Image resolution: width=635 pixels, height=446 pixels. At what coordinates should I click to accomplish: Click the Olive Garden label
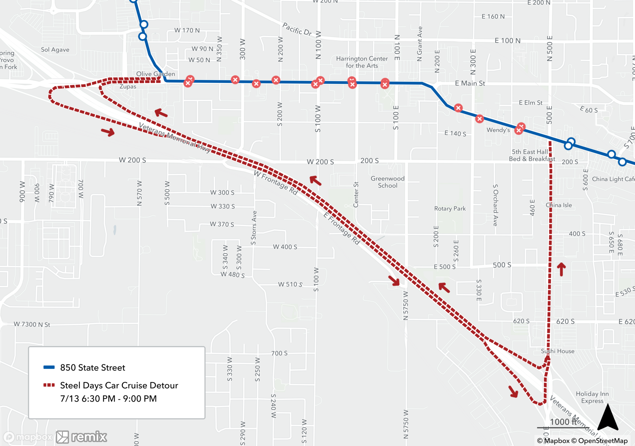pyautogui.click(x=155, y=74)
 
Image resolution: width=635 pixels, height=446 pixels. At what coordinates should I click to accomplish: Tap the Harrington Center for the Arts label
pyautogui.click(x=362, y=62)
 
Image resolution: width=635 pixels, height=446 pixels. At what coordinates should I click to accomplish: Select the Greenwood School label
pyautogui.click(x=387, y=182)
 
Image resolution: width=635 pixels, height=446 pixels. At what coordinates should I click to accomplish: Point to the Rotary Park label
pyautogui.click(x=450, y=208)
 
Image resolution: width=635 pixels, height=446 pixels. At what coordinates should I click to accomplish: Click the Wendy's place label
pyautogui.click(x=498, y=130)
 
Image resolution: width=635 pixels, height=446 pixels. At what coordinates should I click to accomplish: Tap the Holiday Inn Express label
pyautogui.click(x=592, y=397)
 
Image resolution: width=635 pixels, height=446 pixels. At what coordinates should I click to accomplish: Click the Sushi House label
pyautogui.click(x=558, y=351)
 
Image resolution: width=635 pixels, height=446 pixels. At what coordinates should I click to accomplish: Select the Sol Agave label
pyautogui.click(x=55, y=50)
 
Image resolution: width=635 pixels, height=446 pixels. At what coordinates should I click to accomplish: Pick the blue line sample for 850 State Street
pyautogui.click(x=49, y=367)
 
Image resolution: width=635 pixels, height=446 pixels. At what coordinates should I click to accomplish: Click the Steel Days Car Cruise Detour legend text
pyautogui.click(x=119, y=385)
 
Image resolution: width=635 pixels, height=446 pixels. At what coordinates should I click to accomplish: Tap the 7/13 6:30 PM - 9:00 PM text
pyautogui.click(x=108, y=399)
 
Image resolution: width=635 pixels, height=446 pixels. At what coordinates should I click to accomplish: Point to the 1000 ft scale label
pyautogui.click(x=563, y=422)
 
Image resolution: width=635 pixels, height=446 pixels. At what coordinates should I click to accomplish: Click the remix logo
pyautogui.click(x=82, y=437)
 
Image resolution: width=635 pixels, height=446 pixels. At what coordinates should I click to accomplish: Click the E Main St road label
pyautogui.click(x=470, y=83)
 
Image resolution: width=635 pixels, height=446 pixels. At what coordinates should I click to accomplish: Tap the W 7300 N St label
pyautogui.click(x=32, y=324)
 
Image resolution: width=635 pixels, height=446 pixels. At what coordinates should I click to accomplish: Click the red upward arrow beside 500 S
pyautogui.click(x=561, y=269)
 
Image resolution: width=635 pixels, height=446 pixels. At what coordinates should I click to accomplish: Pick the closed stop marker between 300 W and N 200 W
pyautogui.click(x=256, y=84)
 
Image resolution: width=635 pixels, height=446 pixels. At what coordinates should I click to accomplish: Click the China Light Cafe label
pyautogui.click(x=613, y=179)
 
